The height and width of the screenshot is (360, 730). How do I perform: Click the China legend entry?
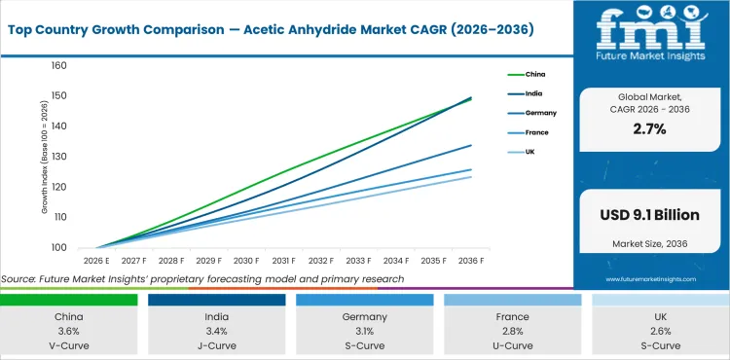(x=536, y=74)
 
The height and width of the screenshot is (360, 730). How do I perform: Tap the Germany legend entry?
(x=540, y=113)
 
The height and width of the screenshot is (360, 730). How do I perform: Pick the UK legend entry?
(x=531, y=152)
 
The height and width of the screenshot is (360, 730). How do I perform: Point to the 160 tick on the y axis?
(x=58, y=66)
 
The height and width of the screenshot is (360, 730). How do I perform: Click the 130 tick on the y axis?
(x=58, y=157)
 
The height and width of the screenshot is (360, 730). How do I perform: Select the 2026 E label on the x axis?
(x=95, y=261)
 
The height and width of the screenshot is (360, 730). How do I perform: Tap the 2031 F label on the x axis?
(x=284, y=261)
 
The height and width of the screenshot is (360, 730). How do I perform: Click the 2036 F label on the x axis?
(x=472, y=261)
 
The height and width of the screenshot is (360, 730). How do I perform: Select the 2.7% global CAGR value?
(x=648, y=128)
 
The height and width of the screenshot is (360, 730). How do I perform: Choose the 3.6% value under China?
(x=69, y=332)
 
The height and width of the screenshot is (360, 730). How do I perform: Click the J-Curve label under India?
(x=216, y=345)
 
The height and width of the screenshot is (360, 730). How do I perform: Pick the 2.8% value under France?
(x=512, y=332)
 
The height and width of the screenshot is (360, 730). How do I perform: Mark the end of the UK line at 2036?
(x=472, y=176)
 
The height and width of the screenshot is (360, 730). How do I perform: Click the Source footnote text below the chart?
(x=202, y=279)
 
